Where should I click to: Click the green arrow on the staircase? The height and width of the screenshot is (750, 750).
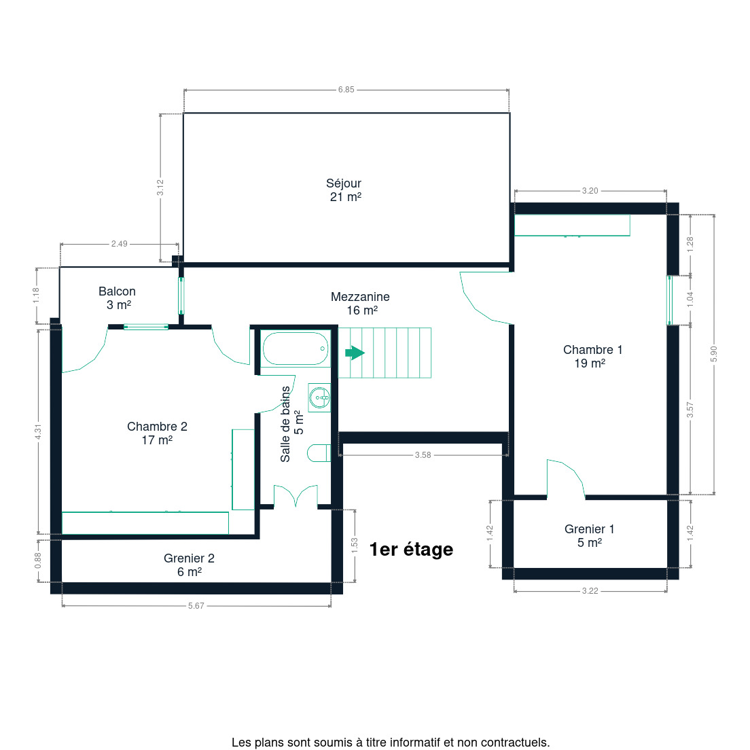(355, 353)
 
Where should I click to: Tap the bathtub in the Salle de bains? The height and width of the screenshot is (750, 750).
(296, 349)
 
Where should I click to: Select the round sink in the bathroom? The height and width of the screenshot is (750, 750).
(319, 397)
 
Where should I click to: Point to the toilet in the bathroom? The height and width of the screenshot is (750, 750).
(319, 453)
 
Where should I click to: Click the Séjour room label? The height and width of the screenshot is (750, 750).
(344, 190)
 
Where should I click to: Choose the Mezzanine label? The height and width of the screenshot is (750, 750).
(360, 303)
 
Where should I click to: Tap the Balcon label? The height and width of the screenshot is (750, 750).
(117, 298)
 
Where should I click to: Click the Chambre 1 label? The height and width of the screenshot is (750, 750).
(592, 357)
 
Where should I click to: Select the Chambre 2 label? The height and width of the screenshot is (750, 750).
(157, 433)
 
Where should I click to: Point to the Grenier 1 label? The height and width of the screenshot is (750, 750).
(589, 536)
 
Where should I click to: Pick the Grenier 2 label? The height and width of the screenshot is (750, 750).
(189, 565)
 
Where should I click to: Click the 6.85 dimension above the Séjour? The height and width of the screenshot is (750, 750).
(346, 90)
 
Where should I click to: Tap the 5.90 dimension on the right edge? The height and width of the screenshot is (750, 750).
(713, 354)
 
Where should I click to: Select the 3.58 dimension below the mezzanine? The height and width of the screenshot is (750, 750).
(423, 455)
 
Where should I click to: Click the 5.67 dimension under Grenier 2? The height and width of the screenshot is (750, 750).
(196, 605)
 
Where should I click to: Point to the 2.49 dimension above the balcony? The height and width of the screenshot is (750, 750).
(119, 244)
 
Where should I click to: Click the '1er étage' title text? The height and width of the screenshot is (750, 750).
(412, 550)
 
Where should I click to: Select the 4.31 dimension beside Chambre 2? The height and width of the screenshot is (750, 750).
(38, 431)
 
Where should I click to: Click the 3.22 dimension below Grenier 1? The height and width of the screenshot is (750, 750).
(590, 591)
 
